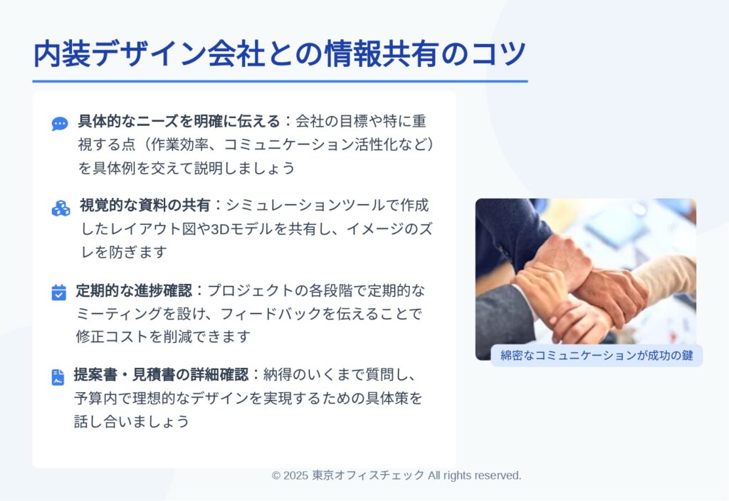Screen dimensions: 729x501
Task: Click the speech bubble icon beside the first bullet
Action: point(60,124)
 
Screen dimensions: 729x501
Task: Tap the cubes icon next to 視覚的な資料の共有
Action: point(61,209)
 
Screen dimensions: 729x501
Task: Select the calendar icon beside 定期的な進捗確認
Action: point(58,292)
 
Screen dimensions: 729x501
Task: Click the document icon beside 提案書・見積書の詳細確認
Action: point(58,377)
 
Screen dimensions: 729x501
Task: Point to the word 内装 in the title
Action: point(62,53)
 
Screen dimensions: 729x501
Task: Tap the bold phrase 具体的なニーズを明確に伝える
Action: point(179,121)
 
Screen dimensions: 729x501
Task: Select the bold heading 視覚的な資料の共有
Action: point(145,205)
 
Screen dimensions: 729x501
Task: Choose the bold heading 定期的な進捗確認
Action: point(134,290)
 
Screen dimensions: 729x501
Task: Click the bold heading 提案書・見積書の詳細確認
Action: point(161,374)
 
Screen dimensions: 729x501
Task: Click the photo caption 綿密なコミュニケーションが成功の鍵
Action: point(597,356)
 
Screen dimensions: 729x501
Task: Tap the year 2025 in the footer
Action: point(295,475)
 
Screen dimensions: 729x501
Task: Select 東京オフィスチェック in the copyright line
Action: point(368,475)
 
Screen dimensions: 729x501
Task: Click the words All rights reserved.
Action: point(475,475)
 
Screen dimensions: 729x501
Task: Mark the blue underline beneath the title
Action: point(280,81)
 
